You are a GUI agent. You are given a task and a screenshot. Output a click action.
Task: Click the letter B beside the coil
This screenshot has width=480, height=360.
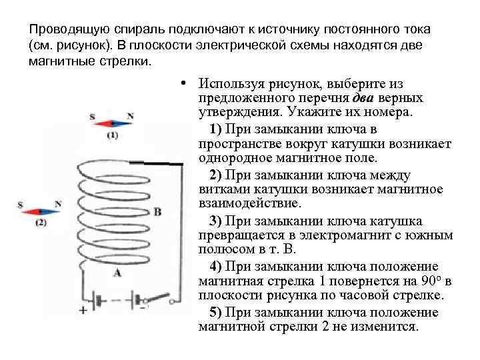coord(157,212)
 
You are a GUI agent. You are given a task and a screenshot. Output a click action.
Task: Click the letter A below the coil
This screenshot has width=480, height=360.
coord(118,272)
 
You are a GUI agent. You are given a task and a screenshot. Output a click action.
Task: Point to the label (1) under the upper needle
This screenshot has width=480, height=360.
coord(112,135)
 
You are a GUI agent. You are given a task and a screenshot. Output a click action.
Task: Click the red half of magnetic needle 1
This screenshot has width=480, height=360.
coord(103,123)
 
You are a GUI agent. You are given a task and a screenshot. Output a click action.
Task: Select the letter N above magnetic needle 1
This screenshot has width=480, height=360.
coord(130,116)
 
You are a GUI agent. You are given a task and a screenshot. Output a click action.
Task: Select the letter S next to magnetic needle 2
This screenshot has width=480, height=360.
coord(21,204)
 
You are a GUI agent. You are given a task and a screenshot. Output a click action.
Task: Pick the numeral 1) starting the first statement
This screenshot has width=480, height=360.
coord(215,129)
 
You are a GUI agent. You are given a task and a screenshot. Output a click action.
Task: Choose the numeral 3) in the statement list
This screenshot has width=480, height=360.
coord(215,221)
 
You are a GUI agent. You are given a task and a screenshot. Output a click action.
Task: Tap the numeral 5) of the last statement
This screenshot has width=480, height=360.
coord(215,313)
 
